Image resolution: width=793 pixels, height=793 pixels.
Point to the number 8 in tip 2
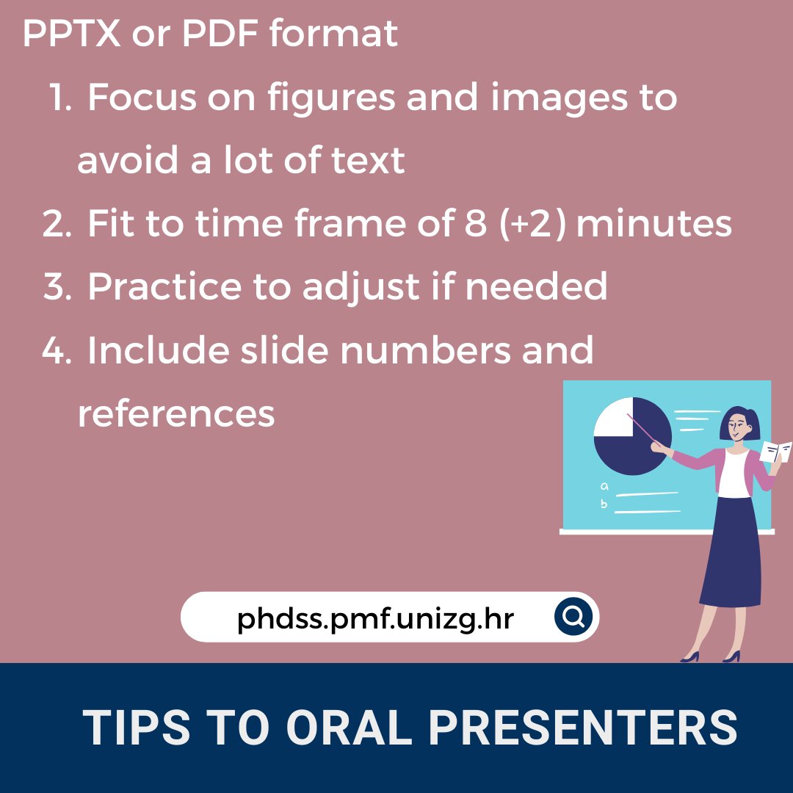[x=472, y=224]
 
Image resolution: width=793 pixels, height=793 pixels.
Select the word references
[x=176, y=414]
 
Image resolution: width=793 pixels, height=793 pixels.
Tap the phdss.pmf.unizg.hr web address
[x=375, y=618]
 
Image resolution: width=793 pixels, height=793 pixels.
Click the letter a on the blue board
[x=604, y=485]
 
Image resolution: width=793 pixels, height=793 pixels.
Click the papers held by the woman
[x=775, y=451]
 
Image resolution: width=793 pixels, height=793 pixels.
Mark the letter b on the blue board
[x=604, y=504]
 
